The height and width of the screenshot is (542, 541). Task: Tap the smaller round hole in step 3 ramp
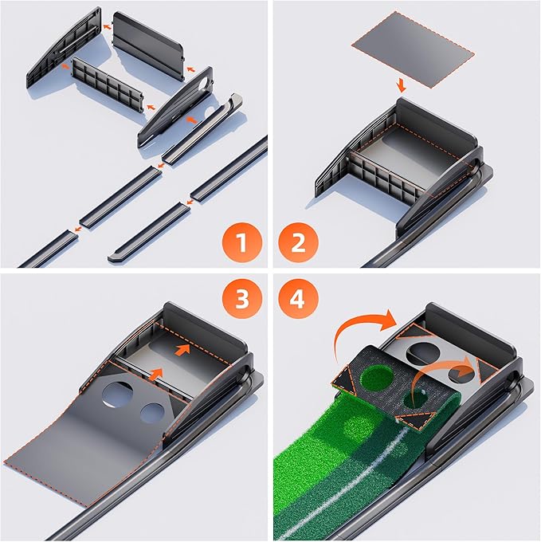point(151,412)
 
